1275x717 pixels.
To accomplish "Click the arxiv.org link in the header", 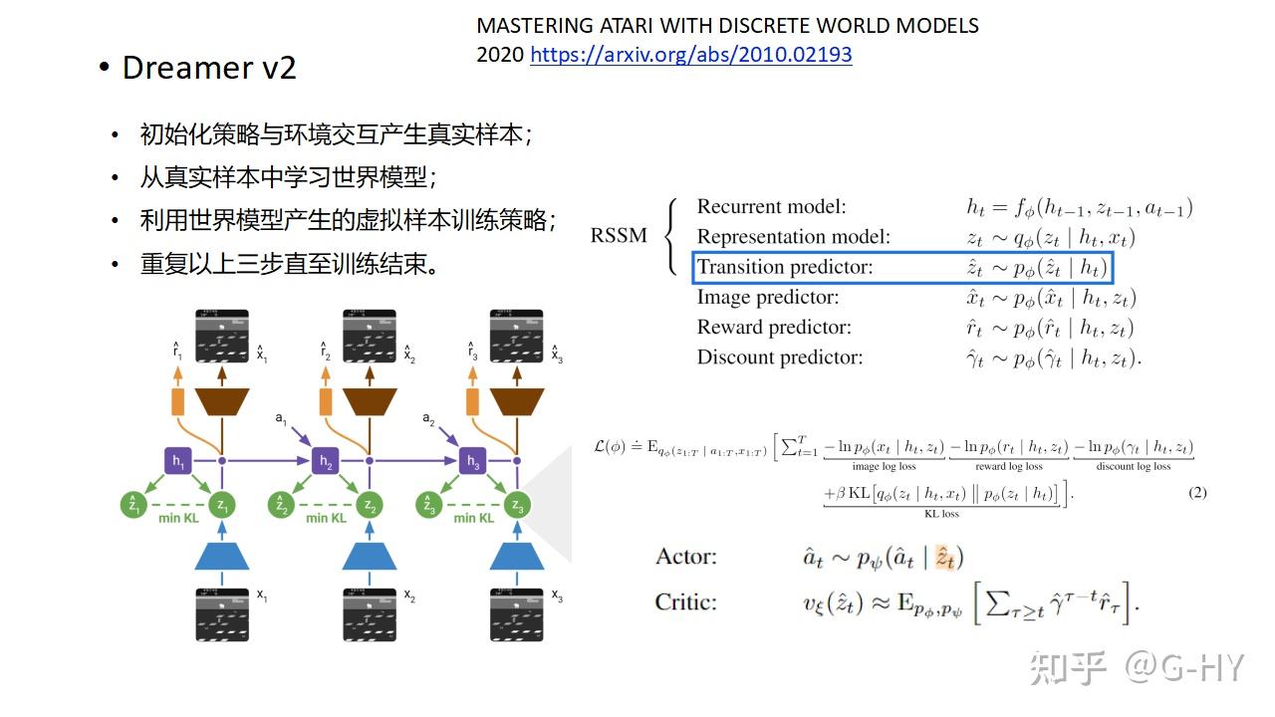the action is [x=690, y=55].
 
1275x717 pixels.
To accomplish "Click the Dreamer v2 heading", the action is [x=209, y=68].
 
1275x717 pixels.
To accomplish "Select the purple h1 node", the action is [x=177, y=461].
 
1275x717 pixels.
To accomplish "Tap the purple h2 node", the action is [x=325, y=461].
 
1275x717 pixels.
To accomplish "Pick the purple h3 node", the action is [x=473, y=461].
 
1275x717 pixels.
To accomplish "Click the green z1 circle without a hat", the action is [x=223, y=506].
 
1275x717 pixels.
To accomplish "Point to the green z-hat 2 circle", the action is [x=281, y=506].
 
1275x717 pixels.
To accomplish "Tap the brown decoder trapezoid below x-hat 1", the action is [x=222, y=401].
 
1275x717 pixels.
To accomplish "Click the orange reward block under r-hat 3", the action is [x=473, y=401].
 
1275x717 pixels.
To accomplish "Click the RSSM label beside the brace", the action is [x=618, y=236].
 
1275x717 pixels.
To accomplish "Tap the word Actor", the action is [x=685, y=557].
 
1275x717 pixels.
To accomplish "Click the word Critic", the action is [x=685, y=601].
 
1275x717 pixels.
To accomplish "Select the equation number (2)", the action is [x=1197, y=492].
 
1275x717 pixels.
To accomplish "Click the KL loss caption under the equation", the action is [x=941, y=514].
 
